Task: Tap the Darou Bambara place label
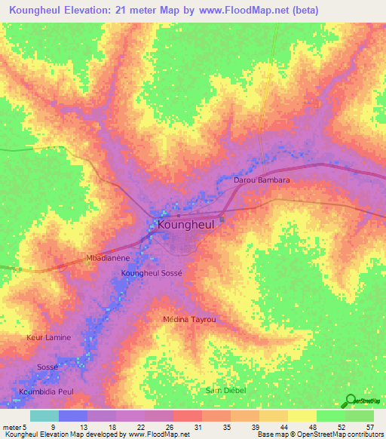(x=262, y=181)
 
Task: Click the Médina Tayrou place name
(x=190, y=320)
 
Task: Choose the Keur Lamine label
(x=49, y=337)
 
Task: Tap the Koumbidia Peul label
(x=46, y=392)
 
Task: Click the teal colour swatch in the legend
(x=44, y=416)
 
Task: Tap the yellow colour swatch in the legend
(x=302, y=416)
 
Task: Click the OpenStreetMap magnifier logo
(x=349, y=401)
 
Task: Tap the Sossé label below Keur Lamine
(x=47, y=367)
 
